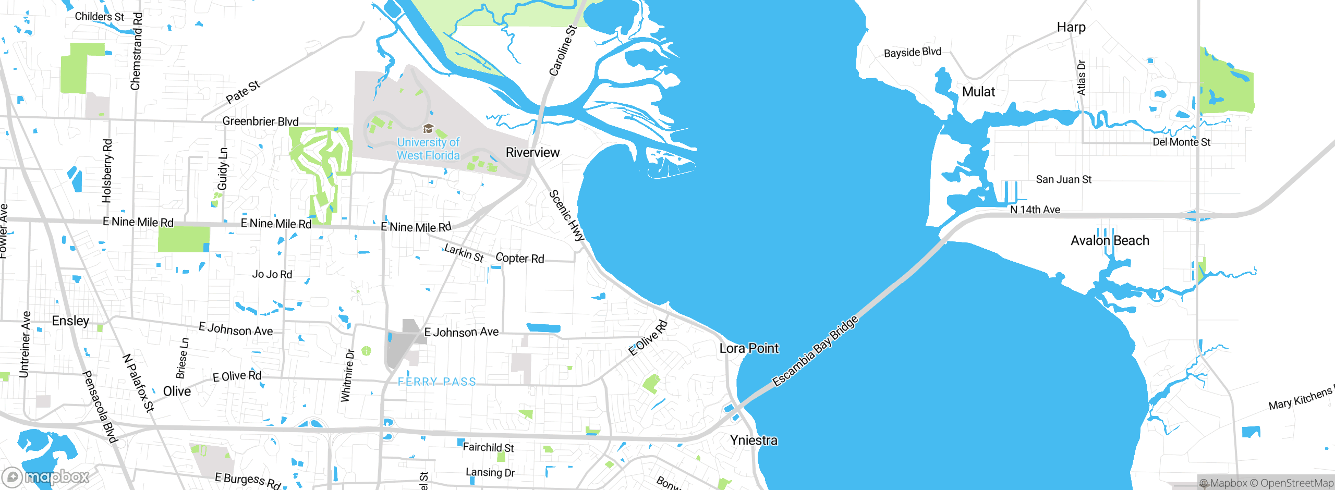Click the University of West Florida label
pos(428,149)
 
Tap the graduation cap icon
pos(428,128)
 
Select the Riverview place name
pos(532,152)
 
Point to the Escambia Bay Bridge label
pos(815,351)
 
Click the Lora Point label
pos(749,348)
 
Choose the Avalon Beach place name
pos(1110,240)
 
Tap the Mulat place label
pos(978,92)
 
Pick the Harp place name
pos(1071,27)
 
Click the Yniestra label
pos(754,440)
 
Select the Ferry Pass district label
pos(437,382)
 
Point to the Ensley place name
pos(70,321)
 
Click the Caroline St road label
pos(563,51)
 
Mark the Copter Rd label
pos(519,258)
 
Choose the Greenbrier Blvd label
pos(260,121)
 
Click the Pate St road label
pos(243,92)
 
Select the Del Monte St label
pos(1181,142)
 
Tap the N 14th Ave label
pos(1035,210)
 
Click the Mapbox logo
pos(46,477)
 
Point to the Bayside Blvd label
pos(912,52)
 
